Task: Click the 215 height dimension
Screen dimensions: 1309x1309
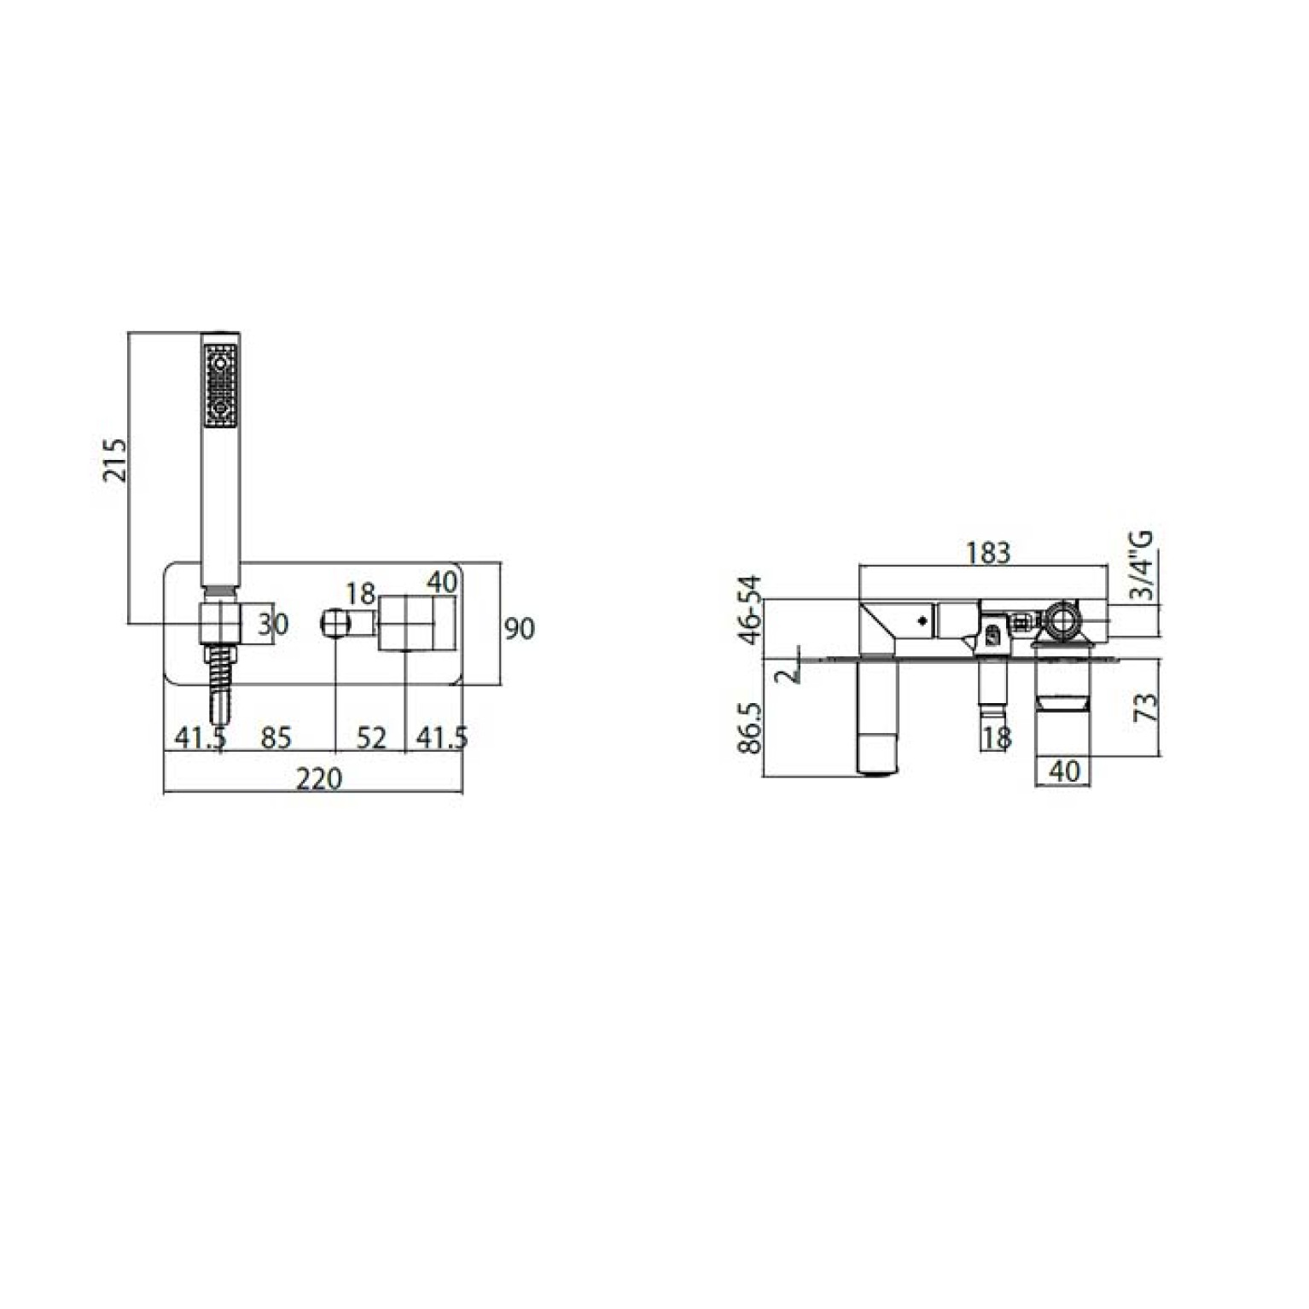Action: coord(114,460)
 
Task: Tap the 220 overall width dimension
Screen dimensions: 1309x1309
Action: coord(318,778)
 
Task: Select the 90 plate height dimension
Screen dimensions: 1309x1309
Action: coord(519,629)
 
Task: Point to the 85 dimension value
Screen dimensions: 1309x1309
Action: coord(276,737)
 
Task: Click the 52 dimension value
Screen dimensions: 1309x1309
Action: coord(371,737)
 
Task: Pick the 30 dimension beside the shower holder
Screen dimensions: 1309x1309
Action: coord(273,625)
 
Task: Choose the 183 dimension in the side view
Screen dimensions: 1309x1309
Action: coord(988,553)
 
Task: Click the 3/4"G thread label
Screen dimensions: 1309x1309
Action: coord(1142,565)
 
